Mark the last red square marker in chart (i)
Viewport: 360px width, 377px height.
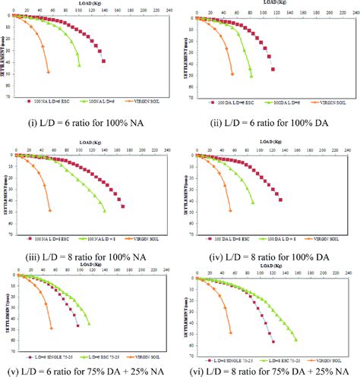coord(103,61)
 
